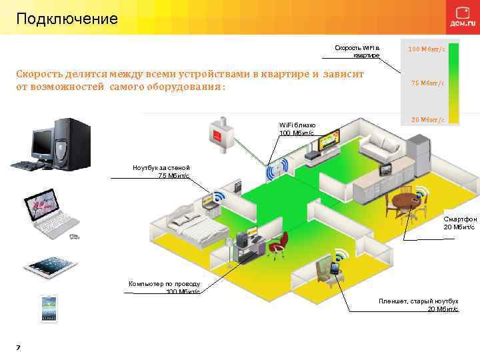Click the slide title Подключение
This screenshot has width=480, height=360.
point(67,18)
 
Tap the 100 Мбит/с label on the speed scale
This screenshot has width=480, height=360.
point(427,49)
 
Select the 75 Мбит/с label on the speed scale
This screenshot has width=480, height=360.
point(427,83)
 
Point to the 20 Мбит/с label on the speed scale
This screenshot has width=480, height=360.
point(427,119)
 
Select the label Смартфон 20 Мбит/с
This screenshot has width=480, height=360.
point(459,223)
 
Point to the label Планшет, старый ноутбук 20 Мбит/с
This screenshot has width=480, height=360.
point(419,305)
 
